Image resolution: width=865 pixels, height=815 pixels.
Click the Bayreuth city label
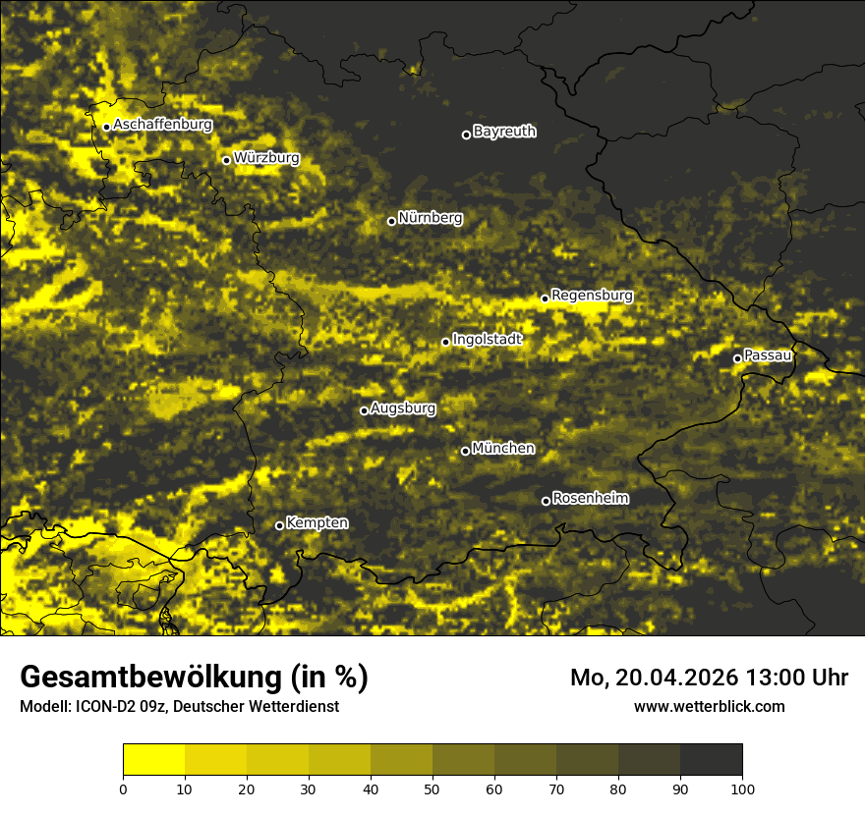tap(504, 132)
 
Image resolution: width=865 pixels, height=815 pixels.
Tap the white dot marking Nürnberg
tap(391, 221)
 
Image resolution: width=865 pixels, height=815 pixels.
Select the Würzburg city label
tap(266, 158)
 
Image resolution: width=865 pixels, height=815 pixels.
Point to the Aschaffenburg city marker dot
tap(106, 127)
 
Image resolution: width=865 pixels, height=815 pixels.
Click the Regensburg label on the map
tap(592, 296)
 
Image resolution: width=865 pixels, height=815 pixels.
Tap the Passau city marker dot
tap(737, 358)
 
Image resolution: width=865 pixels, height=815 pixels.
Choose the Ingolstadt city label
tap(488, 340)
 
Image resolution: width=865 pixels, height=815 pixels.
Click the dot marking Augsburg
tap(364, 410)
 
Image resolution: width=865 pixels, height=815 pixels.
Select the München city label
tap(503, 449)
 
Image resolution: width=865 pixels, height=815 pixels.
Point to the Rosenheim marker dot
tap(547, 502)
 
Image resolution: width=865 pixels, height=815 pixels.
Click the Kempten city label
tap(317, 523)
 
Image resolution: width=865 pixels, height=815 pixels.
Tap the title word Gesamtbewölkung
tap(153, 678)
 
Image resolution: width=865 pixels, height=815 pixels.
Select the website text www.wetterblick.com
tap(710, 706)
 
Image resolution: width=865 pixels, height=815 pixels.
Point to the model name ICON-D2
tap(97, 707)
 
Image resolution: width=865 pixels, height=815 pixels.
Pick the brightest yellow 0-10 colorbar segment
tap(154, 759)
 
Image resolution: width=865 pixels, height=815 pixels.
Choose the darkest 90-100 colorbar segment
tap(711, 759)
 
